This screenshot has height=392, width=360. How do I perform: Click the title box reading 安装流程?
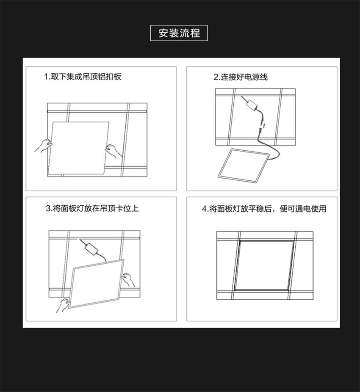point(179,33)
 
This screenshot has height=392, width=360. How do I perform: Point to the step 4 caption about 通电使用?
point(264,209)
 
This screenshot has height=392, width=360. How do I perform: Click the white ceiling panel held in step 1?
point(78,149)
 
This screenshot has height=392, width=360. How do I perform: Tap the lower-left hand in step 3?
point(63,305)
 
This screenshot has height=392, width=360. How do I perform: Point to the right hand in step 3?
point(128,280)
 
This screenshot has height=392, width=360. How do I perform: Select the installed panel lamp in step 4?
point(264,265)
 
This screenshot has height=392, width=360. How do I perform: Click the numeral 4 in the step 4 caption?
point(204,209)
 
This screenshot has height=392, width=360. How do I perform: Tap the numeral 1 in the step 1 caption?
point(46,77)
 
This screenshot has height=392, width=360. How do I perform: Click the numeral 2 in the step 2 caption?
point(216,77)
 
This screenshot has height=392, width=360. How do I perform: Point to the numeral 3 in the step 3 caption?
point(48,209)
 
